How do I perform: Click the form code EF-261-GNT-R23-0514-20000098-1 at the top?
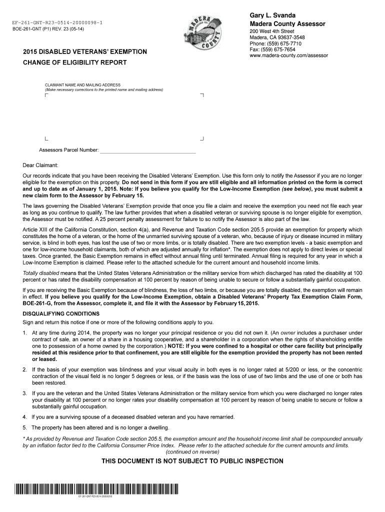point(55,23)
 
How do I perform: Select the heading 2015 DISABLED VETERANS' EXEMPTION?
point(85,52)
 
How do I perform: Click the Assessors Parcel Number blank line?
point(148,150)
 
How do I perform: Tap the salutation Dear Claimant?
point(40,165)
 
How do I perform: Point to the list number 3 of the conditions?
point(24,393)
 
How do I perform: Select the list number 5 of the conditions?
point(24,427)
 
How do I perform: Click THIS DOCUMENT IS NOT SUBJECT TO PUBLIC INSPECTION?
point(192,461)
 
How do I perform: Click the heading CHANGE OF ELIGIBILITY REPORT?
point(74,62)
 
